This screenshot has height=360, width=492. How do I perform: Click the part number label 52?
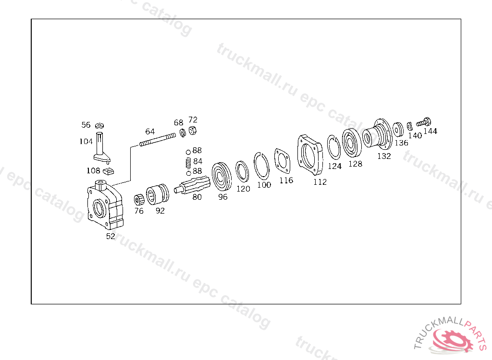111,236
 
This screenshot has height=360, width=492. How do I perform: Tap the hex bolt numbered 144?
424,122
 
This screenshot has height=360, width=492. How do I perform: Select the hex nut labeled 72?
193,130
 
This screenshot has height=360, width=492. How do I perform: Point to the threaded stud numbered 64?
158,140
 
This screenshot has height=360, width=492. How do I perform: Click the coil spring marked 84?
188,162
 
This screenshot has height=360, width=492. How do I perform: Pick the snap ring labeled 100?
261,166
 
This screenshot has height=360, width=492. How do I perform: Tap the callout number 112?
320,182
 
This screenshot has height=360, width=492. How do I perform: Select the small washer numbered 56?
99,126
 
